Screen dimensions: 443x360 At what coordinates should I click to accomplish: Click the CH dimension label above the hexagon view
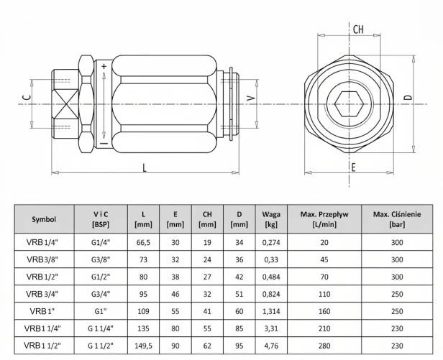pyautogui.click(x=358, y=29)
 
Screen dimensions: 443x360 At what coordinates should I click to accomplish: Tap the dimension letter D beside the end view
pyautogui.click(x=408, y=97)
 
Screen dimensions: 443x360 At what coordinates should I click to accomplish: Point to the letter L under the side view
pyautogui.click(x=145, y=167)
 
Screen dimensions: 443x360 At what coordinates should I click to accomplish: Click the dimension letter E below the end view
pyautogui.click(x=353, y=167)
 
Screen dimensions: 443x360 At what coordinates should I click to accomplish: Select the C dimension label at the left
pyautogui.click(x=27, y=98)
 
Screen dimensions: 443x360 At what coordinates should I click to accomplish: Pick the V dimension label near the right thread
pyautogui.click(x=251, y=98)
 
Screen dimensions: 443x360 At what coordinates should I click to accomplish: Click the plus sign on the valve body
pyautogui.click(x=104, y=66)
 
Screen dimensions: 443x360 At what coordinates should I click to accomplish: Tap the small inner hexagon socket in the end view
pyautogui.click(x=350, y=104)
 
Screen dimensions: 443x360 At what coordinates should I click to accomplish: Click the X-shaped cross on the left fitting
pyautogui.click(x=66, y=104)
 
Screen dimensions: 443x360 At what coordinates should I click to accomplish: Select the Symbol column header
pyautogui.click(x=44, y=219)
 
